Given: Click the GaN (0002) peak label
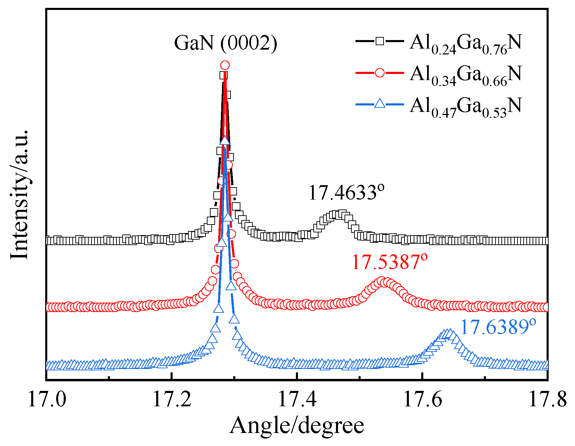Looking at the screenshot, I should click(226, 43).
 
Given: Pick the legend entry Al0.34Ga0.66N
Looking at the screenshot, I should click(465, 74).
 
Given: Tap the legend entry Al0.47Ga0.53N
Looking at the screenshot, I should click(465, 106).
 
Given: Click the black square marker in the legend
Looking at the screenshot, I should click(379, 41).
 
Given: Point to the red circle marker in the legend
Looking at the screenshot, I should click(379, 73).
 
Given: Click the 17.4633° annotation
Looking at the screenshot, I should click(346, 192).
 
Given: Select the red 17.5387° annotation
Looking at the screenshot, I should click(390, 262).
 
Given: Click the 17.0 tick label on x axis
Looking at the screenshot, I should click(47, 399).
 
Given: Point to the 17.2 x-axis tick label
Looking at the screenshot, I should click(172, 399).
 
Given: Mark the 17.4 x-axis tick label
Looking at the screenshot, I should click(297, 399).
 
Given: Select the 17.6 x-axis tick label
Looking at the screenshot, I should click(423, 399).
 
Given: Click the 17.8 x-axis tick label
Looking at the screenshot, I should click(547, 399).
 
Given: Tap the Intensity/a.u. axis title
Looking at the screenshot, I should click(20, 194).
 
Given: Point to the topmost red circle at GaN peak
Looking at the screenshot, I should click(225, 65).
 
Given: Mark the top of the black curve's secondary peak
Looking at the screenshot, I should click(339, 215).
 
